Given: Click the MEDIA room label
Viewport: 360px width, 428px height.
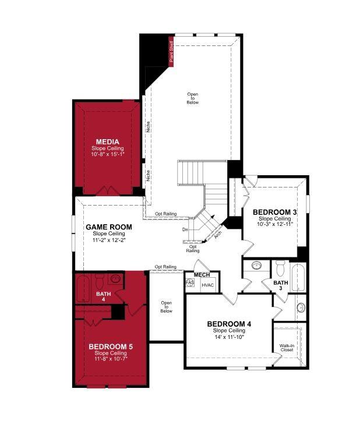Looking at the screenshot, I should tap(107, 142).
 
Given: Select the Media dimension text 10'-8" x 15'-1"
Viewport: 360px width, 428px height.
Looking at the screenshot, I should tap(107, 155).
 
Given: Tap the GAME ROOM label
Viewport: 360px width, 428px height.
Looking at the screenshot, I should tap(108, 227).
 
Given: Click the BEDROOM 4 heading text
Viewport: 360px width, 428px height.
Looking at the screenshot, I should tap(230, 324).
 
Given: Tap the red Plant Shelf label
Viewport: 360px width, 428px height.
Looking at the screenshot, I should tap(171, 51).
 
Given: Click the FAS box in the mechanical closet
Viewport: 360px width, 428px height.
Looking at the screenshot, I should tap(190, 282).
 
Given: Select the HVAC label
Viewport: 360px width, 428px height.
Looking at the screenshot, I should tap(208, 285).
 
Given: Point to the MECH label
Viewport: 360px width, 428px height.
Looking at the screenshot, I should tap(202, 275).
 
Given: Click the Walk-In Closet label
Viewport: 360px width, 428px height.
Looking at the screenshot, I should tap(287, 348).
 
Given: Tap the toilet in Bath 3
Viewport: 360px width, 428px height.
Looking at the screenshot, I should tap(280, 269).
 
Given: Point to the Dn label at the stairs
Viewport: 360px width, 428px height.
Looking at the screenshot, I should tap(185, 229).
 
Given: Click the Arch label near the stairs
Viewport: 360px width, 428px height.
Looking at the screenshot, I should tap(218, 235).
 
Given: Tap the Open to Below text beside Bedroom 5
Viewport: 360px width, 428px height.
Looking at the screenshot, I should tap(167, 307).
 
